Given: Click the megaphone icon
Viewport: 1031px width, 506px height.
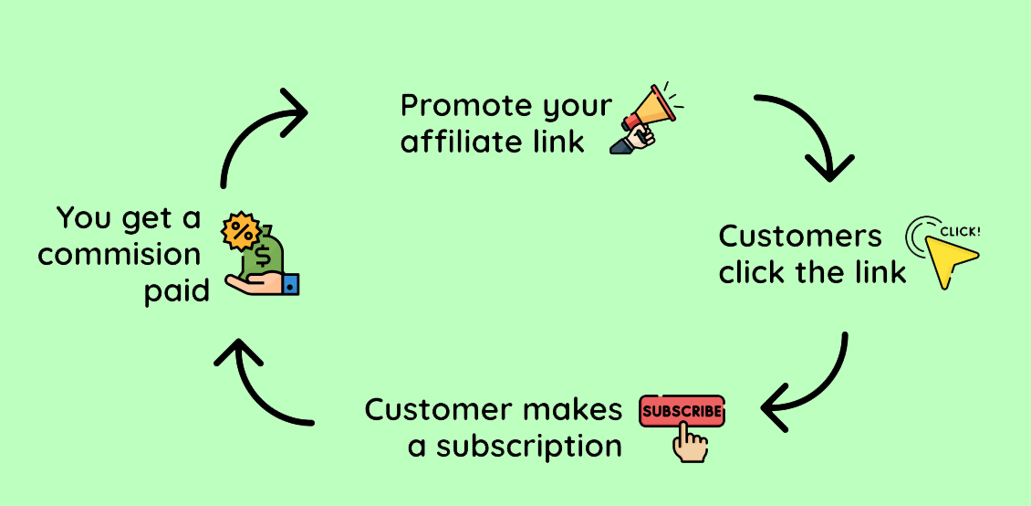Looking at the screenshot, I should [650, 116].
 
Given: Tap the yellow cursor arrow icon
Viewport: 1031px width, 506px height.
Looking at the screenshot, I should [949, 258].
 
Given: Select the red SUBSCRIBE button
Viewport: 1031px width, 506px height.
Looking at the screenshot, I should [682, 411].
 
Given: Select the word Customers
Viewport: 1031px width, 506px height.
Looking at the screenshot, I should [800, 236].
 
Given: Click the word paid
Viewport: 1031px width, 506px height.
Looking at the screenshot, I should [177, 291].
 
